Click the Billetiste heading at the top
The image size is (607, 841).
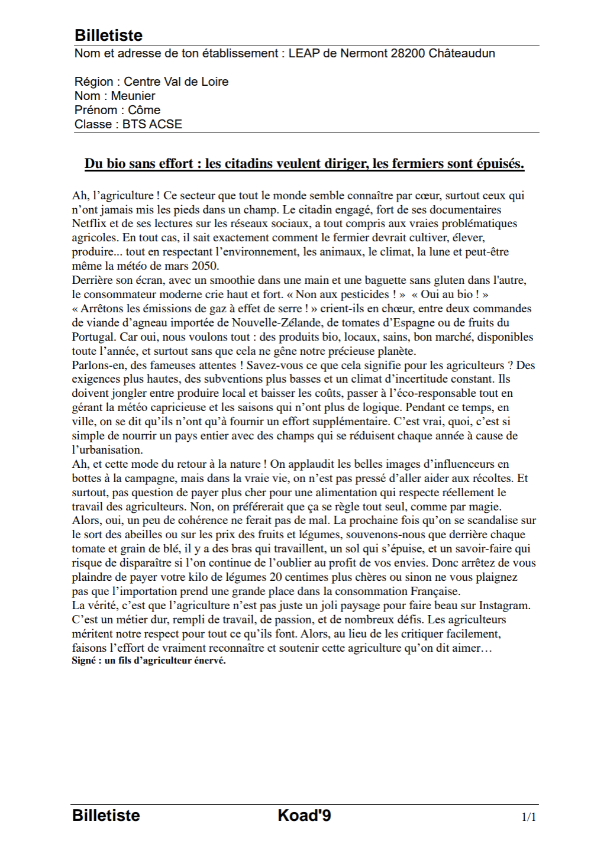(x=108, y=35)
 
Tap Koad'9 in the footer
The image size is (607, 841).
(x=304, y=816)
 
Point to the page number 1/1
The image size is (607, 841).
(x=528, y=817)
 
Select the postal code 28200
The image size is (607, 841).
(x=407, y=53)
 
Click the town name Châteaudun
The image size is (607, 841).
(x=461, y=53)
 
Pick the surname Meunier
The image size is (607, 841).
(x=133, y=96)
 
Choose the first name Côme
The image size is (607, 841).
(x=144, y=110)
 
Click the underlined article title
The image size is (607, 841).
(x=304, y=164)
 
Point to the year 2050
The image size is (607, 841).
(x=205, y=266)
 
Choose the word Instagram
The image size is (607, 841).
(x=504, y=606)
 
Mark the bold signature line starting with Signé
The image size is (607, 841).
(x=148, y=661)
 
